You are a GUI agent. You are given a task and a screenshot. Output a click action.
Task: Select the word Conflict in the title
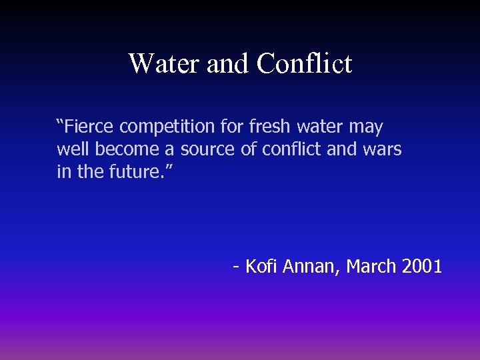pos(304,64)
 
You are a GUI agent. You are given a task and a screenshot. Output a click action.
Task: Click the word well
pos(73,149)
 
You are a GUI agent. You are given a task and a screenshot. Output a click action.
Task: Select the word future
pos(137,172)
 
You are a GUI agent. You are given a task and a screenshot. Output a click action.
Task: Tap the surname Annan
pos(311,267)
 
